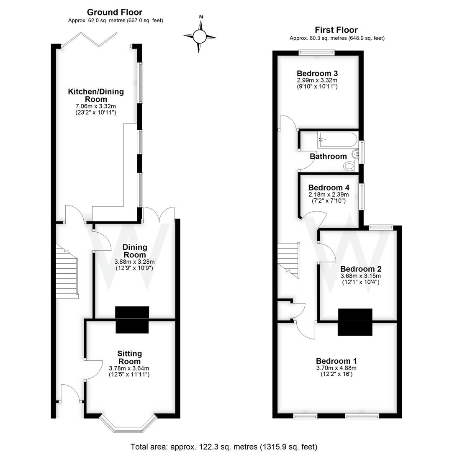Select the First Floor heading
coord(336,30)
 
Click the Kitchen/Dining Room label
coord(96,95)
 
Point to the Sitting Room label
coord(129,357)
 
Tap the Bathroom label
coord(328,156)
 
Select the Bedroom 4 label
coord(329,187)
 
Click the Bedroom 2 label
coord(360,269)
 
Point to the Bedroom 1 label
coord(336,361)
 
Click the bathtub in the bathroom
coord(337,139)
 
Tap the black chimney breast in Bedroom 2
coord(355,322)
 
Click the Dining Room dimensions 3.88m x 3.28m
coord(134,262)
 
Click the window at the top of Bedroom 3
coord(317,52)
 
